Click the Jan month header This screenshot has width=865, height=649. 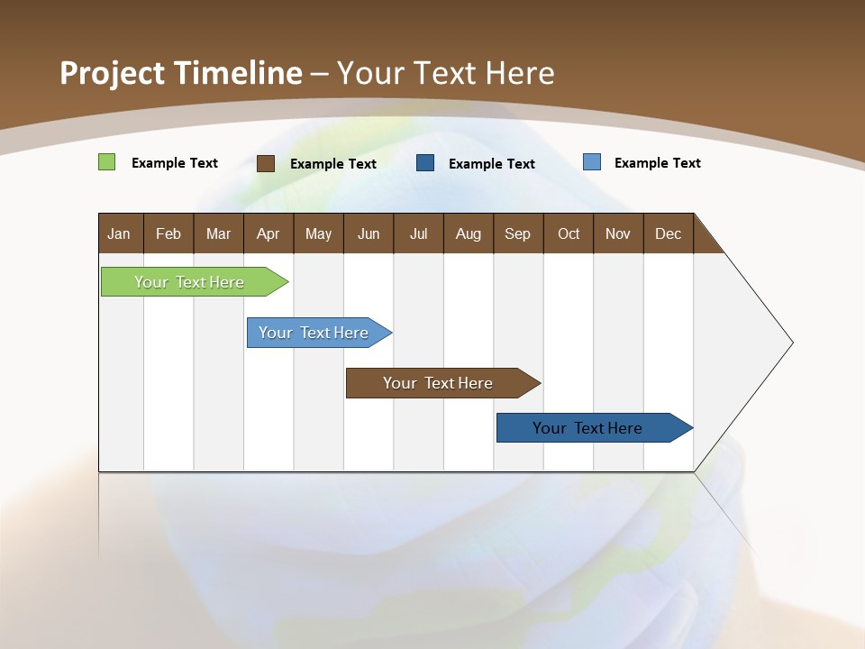(119, 233)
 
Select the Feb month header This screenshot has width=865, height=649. (168, 233)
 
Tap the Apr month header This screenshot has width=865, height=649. (268, 233)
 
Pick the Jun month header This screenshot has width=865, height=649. (369, 233)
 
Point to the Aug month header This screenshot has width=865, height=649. (468, 233)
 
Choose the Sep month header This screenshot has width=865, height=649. (517, 233)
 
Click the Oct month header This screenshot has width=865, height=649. (569, 233)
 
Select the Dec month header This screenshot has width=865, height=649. (668, 233)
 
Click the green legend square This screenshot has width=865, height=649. (106, 162)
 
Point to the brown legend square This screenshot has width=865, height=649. (266, 163)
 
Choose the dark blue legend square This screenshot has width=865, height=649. (425, 163)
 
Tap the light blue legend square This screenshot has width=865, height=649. (591, 162)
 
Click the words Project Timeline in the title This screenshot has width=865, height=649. (180, 73)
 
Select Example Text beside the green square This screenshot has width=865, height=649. (175, 163)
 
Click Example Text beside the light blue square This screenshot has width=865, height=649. (657, 163)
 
